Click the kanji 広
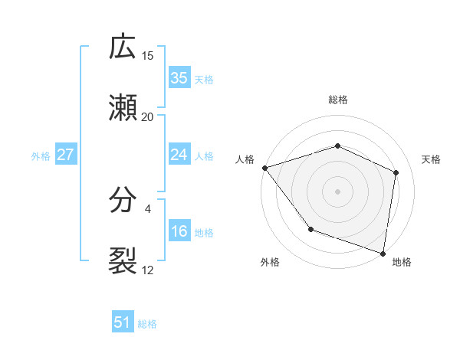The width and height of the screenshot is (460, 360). tap(123, 47)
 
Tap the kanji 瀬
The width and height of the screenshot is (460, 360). tap(123, 108)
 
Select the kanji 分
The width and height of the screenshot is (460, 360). tap(123, 201)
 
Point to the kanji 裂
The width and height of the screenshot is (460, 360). tap(123, 261)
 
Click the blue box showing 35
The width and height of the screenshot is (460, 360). tap(179, 78)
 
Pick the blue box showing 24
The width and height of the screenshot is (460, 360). tap(179, 155)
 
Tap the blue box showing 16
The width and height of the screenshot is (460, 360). tap(179, 231)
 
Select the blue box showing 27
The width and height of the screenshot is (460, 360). tap(65, 155)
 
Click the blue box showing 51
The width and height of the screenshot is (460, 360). tap(123, 322)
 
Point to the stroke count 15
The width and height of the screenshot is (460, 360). tap(148, 55)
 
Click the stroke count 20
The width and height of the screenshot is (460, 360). tap(148, 116)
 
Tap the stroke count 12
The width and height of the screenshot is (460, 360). tap(148, 270)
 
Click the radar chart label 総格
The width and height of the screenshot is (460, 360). tap(338, 100)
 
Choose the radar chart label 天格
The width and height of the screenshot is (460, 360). tap(431, 159)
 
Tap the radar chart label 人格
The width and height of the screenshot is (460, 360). tap(245, 159)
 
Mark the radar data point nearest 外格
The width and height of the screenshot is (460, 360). tap(310, 229)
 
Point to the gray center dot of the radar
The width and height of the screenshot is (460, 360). tap(338, 191)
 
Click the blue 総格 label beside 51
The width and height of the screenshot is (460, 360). tap(147, 324)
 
